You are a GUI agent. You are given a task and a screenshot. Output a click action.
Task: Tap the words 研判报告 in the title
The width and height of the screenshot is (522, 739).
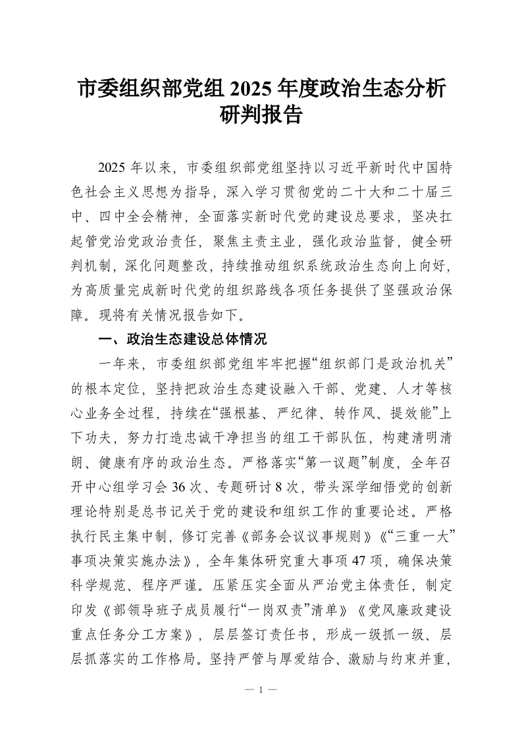point(261,116)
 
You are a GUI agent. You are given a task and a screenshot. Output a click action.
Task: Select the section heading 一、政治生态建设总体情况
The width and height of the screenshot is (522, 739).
point(182,341)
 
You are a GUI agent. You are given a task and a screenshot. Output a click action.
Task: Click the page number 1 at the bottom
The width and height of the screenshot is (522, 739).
point(261,690)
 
